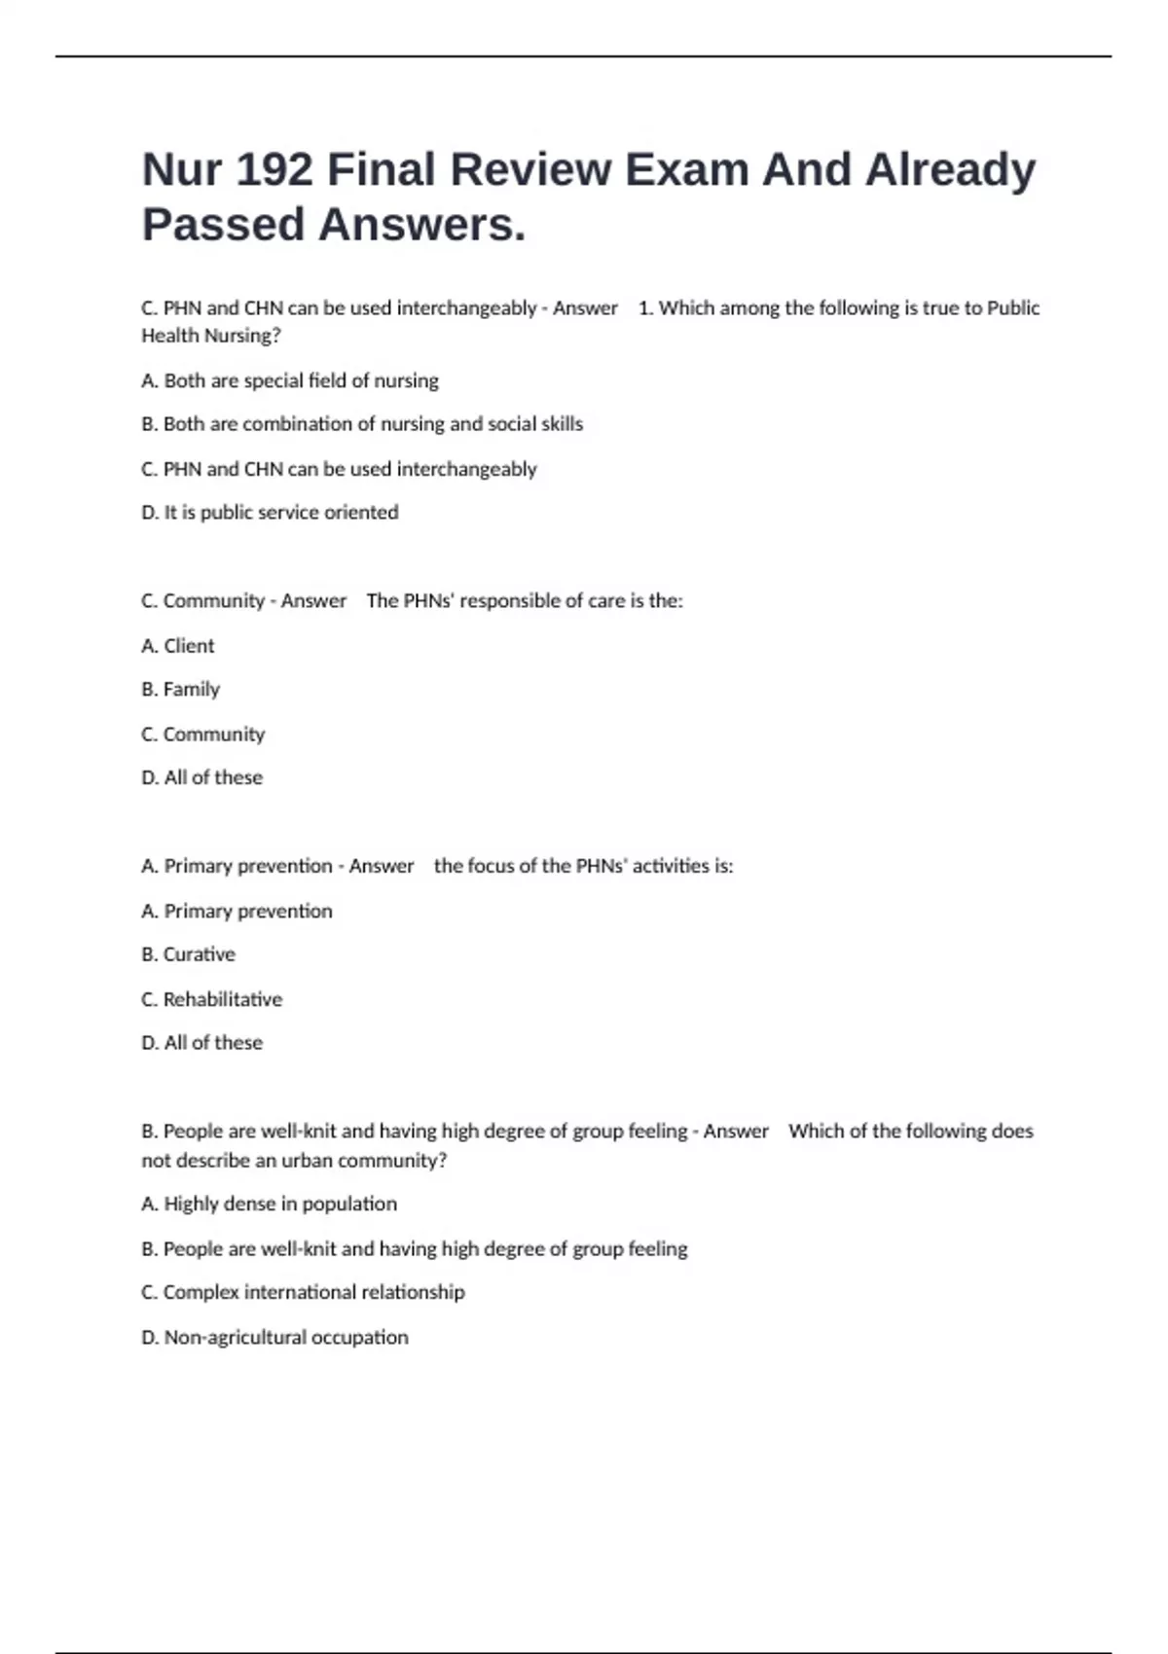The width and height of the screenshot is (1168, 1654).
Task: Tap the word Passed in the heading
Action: [x=224, y=225]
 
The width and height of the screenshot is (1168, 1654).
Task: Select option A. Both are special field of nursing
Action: [x=290, y=380]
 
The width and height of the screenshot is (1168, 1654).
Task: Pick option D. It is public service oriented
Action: [x=270, y=513]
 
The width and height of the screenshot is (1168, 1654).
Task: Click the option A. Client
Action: [x=178, y=646]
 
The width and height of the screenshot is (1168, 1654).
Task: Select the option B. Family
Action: [x=181, y=690]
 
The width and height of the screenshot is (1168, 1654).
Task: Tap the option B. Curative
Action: [x=189, y=954]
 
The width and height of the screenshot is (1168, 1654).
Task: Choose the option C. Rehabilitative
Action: [x=212, y=999]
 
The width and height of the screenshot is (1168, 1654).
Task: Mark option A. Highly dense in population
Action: [x=270, y=1205]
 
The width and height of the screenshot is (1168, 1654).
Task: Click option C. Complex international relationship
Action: [x=304, y=1292]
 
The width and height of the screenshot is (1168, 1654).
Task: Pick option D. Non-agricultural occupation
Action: [x=275, y=1338]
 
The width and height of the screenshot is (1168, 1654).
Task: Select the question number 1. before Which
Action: [x=645, y=308]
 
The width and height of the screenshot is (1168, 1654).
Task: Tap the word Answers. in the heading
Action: [x=421, y=225]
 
